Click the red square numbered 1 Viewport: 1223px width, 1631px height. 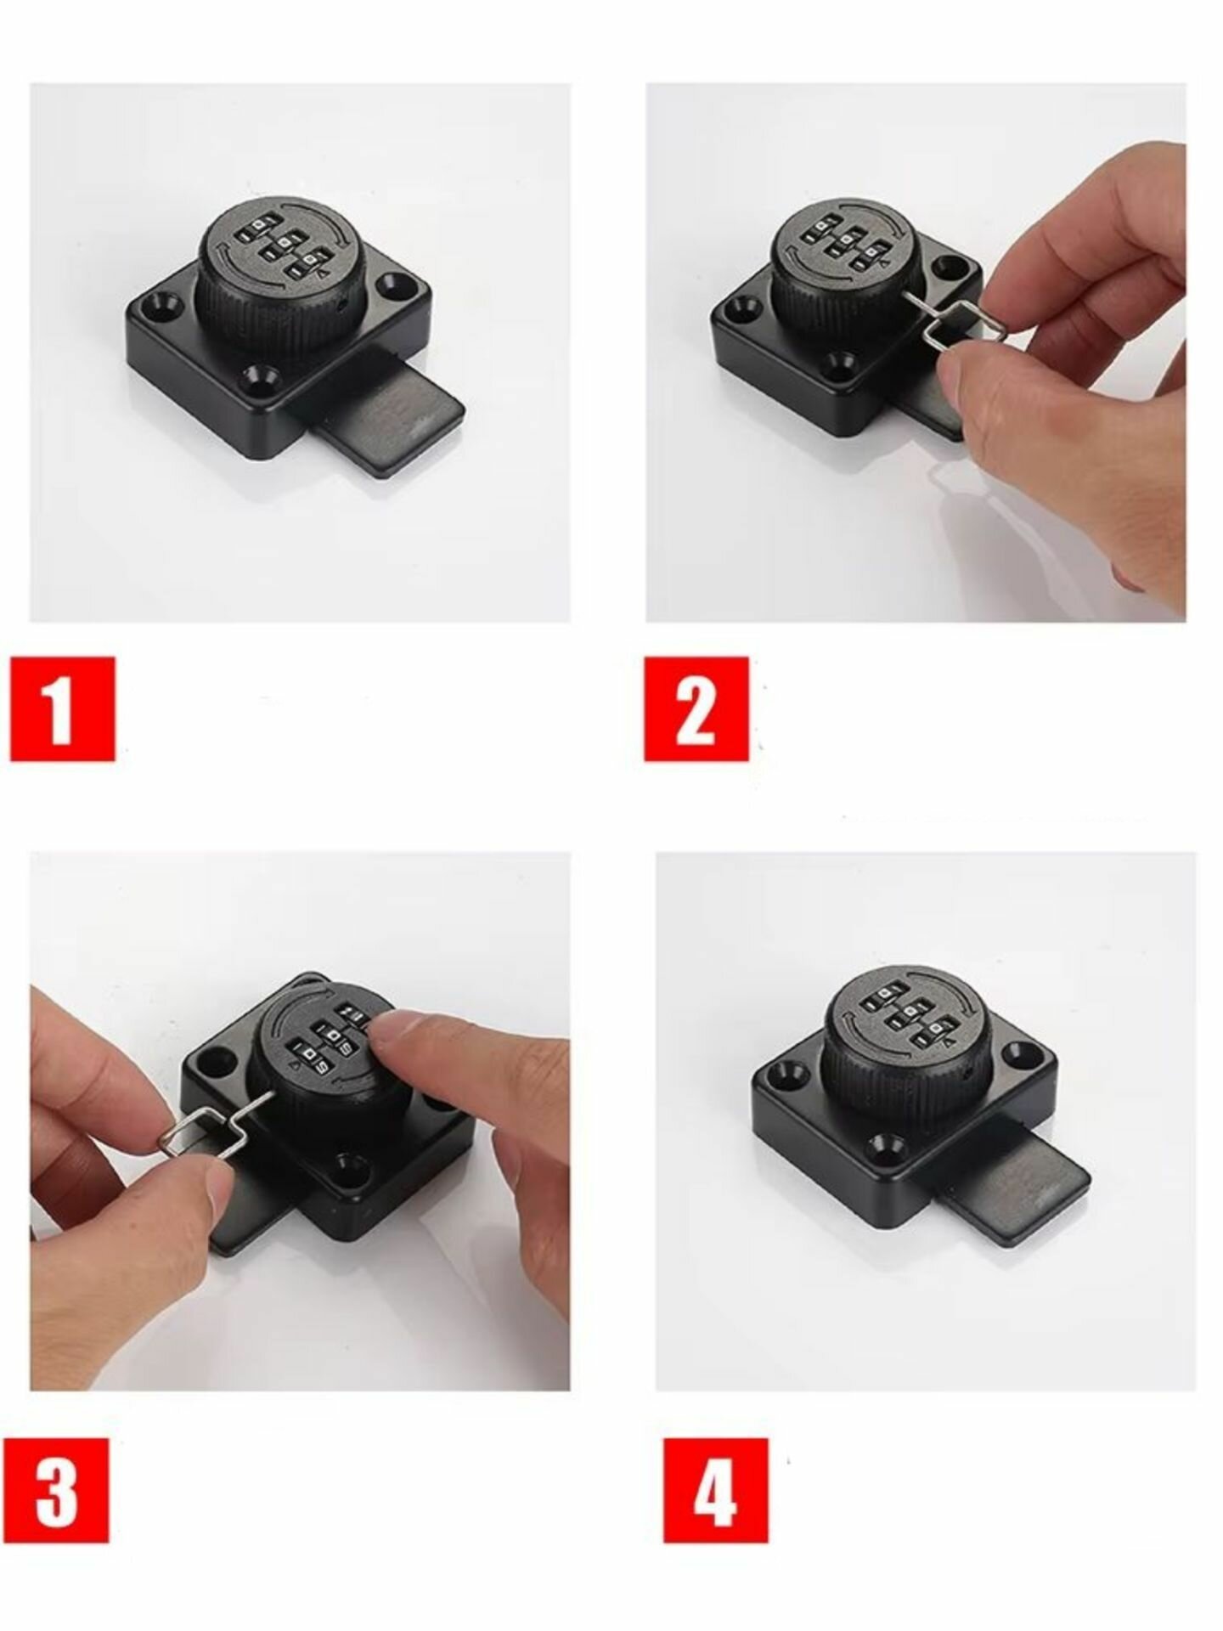(x=63, y=708)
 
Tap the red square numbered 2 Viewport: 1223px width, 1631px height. (x=696, y=708)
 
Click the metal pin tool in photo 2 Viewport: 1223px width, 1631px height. (x=938, y=324)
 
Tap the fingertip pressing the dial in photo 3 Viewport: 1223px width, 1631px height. (x=399, y=1036)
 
